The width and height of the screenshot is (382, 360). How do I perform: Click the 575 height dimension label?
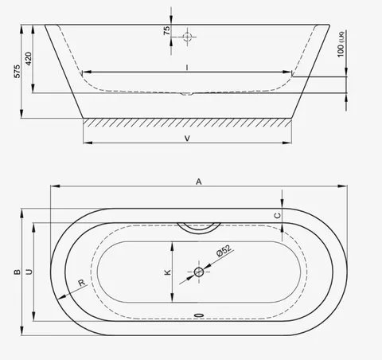(x=17, y=71)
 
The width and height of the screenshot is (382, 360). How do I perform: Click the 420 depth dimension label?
(x=28, y=58)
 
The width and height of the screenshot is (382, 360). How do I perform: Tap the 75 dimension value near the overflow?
(x=166, y=30)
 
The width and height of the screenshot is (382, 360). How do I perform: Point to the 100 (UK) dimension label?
(x=341, y=45)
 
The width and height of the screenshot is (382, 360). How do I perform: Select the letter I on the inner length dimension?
(x=187, y=68)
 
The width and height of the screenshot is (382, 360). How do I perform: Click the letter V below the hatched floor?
(x=187, y=139)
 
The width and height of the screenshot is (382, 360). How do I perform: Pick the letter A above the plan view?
(x=199, y=182)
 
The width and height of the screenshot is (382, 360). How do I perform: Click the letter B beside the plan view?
(x=17, y=272)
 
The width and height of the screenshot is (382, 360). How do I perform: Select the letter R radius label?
(x=82, y=283)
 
